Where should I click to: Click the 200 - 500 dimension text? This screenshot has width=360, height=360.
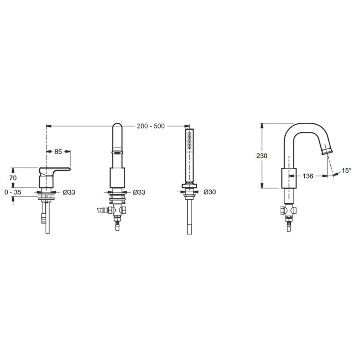[151, 126]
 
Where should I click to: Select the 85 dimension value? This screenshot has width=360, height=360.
[58, 152]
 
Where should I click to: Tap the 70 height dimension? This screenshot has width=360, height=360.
[13, 178]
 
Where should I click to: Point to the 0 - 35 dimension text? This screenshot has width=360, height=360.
[13, 192]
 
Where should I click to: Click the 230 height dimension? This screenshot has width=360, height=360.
[262, 156]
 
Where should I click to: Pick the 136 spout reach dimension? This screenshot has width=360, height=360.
[308, 176]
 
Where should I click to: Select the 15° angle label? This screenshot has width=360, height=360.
[346, 171]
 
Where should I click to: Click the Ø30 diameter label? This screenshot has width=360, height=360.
[210, 192]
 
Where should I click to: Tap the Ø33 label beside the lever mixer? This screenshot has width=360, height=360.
[69, 192]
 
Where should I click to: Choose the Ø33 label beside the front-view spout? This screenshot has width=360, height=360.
[139, 192]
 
